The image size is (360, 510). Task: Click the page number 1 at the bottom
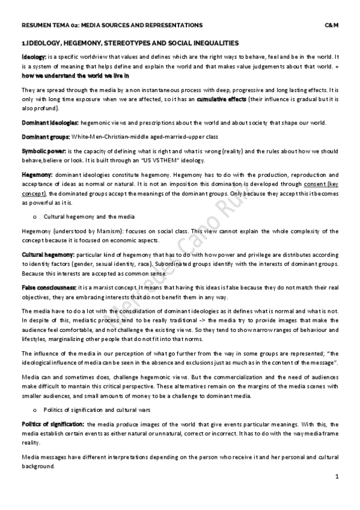337,476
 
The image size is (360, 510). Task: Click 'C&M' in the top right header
332,25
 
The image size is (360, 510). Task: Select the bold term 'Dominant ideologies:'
49,123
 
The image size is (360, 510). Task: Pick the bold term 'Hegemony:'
37,173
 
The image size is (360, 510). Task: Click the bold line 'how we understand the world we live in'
75,76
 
